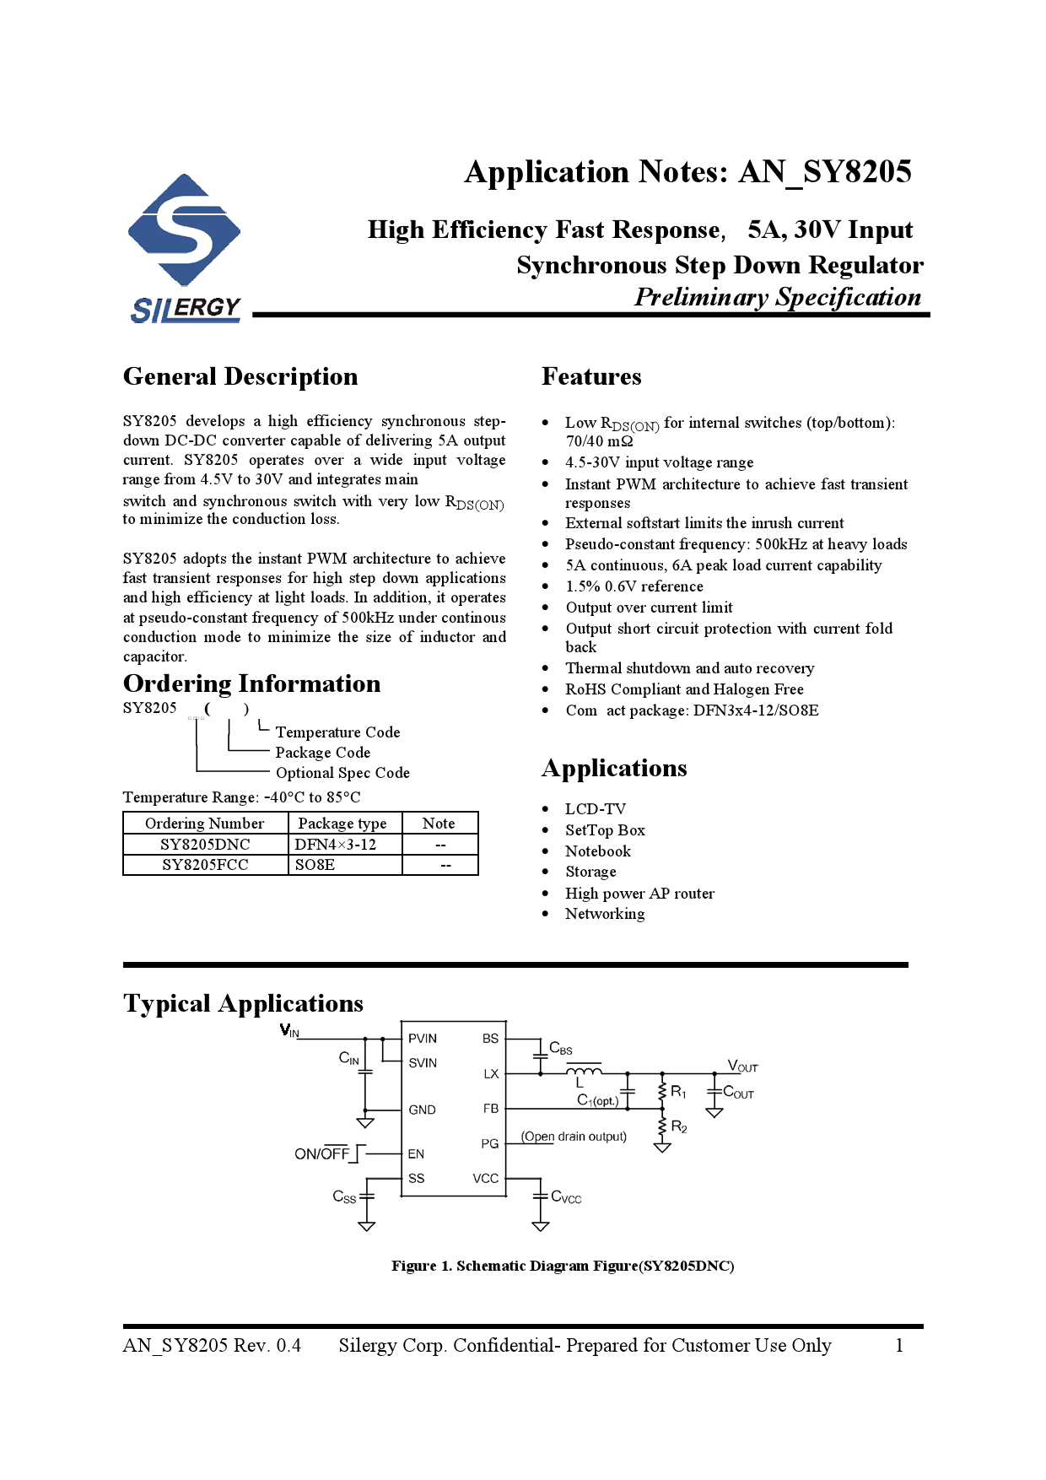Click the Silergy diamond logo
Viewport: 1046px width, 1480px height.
(184, 230)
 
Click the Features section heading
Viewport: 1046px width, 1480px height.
(591, 376)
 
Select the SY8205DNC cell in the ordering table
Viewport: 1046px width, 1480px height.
(205, 845)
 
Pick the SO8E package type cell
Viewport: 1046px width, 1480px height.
(315, 865)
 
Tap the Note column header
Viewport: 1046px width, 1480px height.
(439, 824)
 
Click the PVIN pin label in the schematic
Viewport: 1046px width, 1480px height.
(423, 1039)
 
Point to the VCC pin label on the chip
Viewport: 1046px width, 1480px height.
(485, 1179)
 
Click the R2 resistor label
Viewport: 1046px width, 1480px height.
(679, 1127)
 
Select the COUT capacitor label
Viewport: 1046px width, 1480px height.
(738, 1093)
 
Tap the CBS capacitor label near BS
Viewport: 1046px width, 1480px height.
(561, 1049)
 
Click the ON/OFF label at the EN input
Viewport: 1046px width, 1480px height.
(321, 1153)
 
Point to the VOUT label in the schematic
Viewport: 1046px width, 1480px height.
(742, 1067)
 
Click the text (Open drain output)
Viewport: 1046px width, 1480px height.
(574, 1137)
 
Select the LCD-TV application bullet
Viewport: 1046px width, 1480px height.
(596, 809)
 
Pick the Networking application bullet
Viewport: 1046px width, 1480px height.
(605, 914)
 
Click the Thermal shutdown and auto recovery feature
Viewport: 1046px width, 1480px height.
(689, 668)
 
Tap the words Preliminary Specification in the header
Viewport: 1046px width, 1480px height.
(777, 297)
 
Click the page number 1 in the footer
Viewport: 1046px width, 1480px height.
(899, 1346)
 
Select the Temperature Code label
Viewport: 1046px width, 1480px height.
(337, 732)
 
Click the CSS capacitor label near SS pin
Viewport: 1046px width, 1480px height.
(344, 1196)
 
